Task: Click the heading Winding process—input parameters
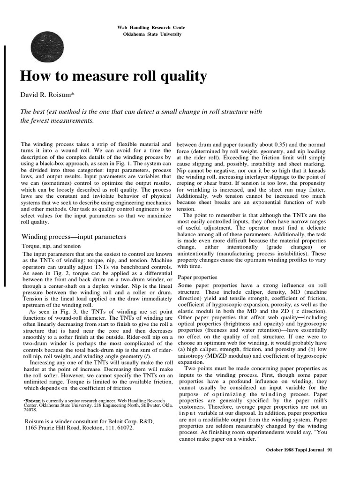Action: pyautogui.click(x=74, y=236)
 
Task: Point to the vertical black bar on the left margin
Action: pyautogui.click(x=5, y=164)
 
